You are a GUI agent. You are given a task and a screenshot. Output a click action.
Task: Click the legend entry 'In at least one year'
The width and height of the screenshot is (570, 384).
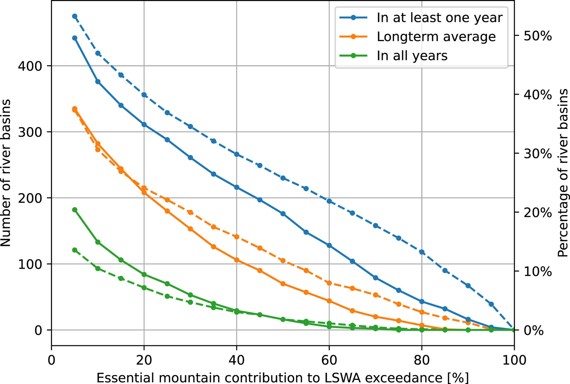coord(439,18)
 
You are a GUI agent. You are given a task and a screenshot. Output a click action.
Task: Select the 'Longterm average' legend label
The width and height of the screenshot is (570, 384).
coord(436,37)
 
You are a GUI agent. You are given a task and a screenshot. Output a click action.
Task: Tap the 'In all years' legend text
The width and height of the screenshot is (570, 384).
coord(412,56)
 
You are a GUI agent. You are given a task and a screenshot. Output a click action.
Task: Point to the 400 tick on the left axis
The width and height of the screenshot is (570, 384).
coord(30,66)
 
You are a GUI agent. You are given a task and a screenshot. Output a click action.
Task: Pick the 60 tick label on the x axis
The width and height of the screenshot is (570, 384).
coord(329,360)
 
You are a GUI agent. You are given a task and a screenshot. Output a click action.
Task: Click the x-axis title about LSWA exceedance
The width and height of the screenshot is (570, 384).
coord(283,378)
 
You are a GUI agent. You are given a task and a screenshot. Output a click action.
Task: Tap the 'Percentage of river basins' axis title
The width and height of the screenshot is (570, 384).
coord(562,173)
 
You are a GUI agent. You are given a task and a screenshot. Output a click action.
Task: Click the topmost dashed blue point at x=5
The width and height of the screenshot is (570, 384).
coord(75,16)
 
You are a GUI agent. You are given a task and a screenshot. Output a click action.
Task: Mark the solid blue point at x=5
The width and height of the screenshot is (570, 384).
coord(75,38)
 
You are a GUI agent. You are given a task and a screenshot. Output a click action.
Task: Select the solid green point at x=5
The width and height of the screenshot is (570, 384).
coord(75,210)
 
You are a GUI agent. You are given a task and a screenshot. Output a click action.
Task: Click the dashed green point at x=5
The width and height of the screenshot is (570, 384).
coord(75,250)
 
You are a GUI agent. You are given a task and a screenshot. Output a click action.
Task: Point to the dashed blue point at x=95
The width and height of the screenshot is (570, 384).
coord(491,304)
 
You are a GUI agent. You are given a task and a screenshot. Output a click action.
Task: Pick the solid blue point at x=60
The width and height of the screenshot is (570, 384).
coord(329,245)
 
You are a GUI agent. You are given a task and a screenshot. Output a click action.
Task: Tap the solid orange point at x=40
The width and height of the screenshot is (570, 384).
coord(237,260)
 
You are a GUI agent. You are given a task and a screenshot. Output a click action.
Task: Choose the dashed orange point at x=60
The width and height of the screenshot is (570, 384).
coord(329,283)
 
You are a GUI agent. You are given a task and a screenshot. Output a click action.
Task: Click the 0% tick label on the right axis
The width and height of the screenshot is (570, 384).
coord(534,330)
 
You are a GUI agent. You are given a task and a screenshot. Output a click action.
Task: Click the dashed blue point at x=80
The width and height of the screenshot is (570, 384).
coord(422,252)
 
